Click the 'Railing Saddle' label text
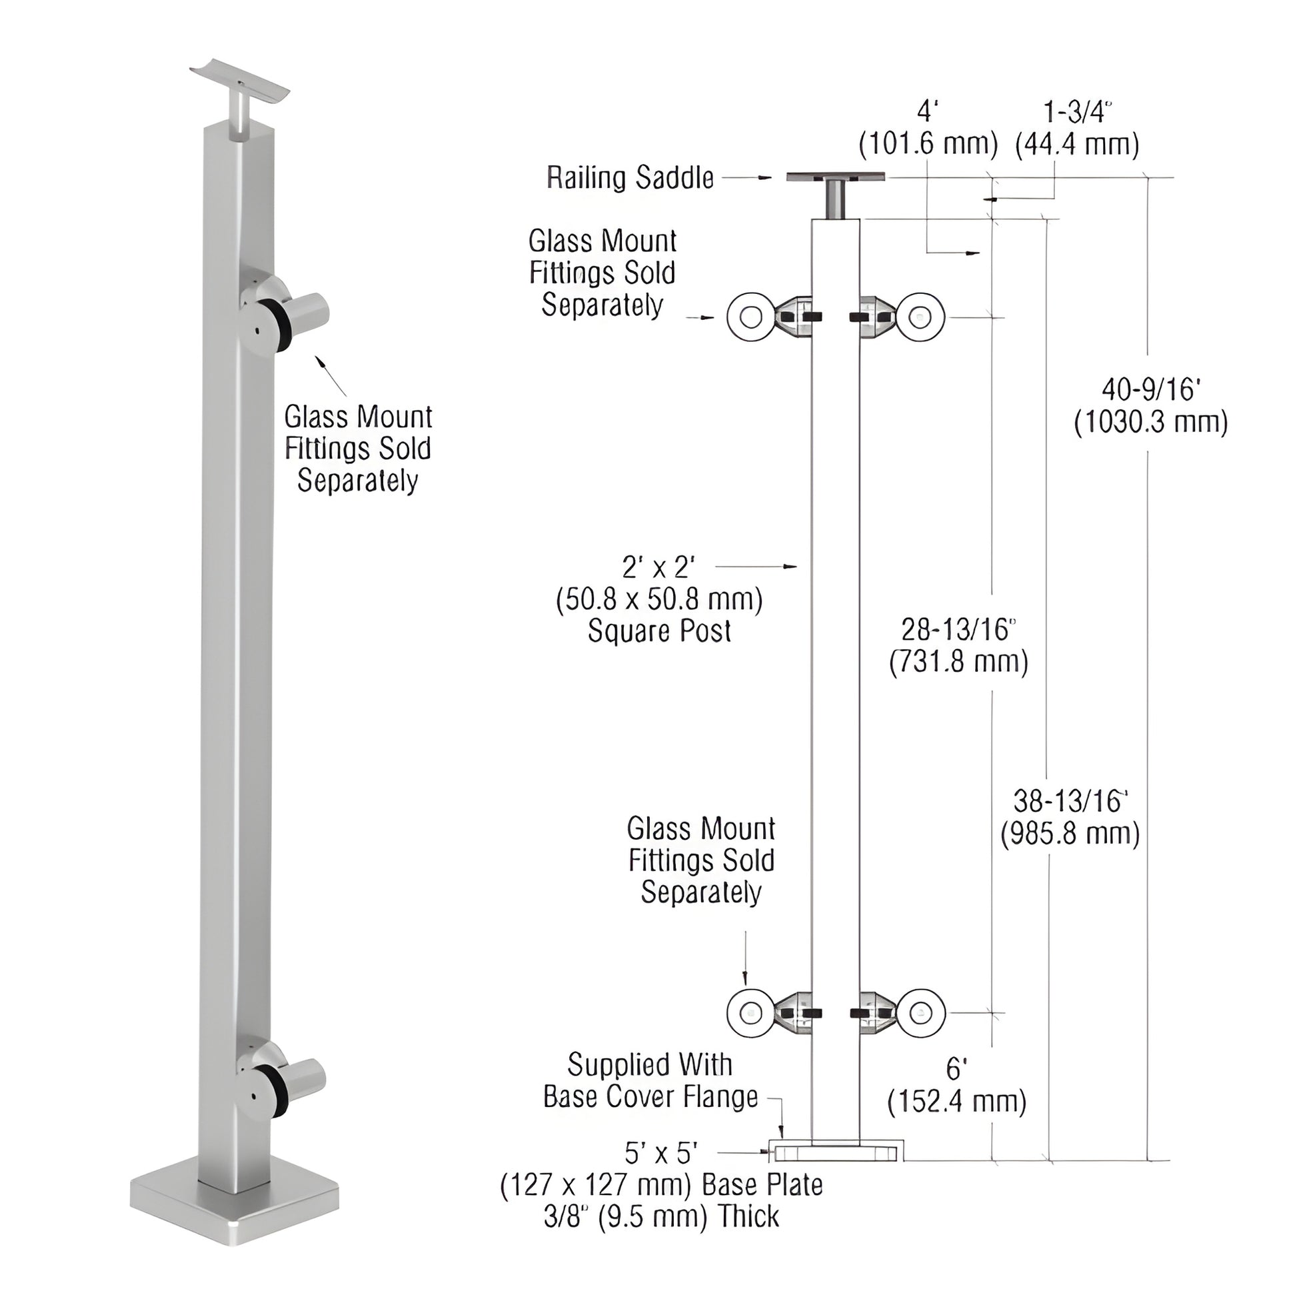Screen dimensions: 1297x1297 coord(630,178)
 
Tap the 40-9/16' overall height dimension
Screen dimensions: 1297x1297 coord(1150,389)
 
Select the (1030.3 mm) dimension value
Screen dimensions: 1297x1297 coord(1150,423)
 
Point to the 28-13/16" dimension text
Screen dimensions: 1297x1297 coord(958,630)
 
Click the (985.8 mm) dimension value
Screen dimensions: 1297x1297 coord(1070,834)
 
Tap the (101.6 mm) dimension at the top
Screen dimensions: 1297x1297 coord(928,145)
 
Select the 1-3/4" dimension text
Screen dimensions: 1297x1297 coord(1077,112)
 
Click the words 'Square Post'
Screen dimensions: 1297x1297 coord(659,631)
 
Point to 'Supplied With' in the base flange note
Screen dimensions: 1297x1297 coord(649,1064)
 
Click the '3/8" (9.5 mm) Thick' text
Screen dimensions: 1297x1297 coord(661,1216)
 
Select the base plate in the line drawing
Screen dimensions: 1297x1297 coord(836,1152)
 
